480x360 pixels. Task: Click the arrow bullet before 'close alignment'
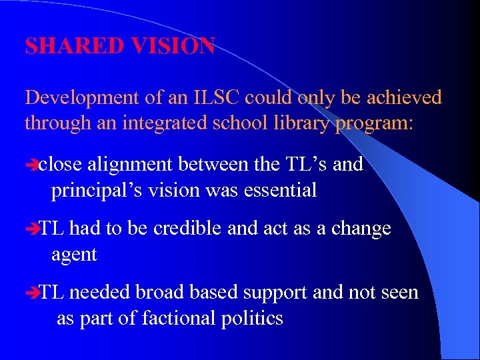31,165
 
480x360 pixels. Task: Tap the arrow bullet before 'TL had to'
31,229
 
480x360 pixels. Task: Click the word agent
74,255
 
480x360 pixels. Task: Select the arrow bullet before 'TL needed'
31,293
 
